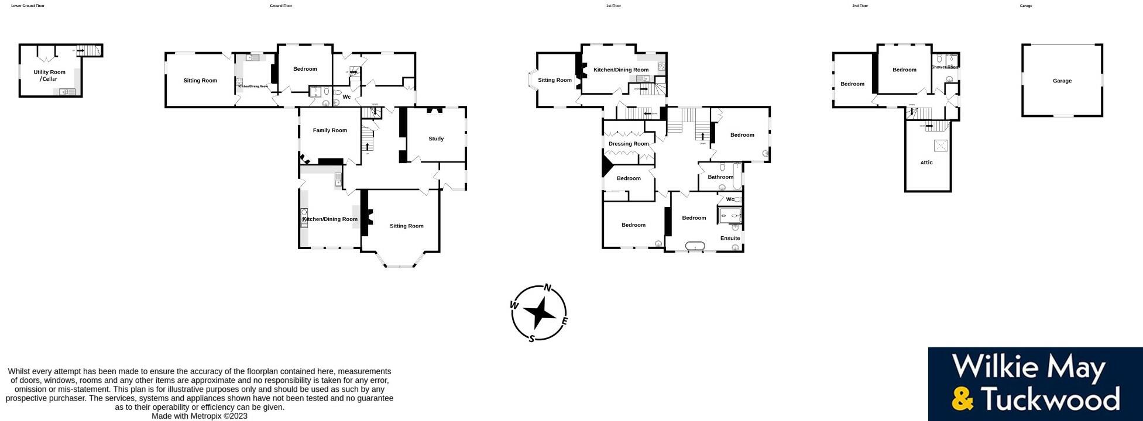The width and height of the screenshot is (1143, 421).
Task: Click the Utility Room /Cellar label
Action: coord(49,75)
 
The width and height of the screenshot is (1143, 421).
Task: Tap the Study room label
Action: coord(436,139)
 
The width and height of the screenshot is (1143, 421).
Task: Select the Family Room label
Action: coord(329,130)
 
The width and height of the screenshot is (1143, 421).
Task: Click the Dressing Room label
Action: coord(629,144)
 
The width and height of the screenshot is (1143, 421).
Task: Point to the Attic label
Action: coord(926,163)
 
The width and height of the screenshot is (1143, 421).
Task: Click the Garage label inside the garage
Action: coord(1062,81)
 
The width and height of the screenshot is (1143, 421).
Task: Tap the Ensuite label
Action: coord(730,238)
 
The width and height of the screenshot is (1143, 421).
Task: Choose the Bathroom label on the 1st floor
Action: coord(720,177)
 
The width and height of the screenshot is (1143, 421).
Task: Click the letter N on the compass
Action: coord(548,287)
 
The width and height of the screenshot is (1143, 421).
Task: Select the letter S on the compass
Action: coord(531,339)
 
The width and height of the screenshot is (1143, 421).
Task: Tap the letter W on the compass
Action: coord(514,305)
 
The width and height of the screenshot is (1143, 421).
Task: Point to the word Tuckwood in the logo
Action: coord(1051,399)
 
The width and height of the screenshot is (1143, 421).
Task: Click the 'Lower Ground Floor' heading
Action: coord(28,6)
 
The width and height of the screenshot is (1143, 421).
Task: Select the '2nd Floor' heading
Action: coord(860,6)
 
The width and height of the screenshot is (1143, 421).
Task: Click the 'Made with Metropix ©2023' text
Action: coord(200,416)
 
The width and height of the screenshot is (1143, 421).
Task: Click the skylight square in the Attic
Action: coord(941,145)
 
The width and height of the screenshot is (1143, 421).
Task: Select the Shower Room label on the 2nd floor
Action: coord(945,67)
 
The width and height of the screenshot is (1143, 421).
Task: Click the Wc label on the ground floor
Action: coord(346,97)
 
